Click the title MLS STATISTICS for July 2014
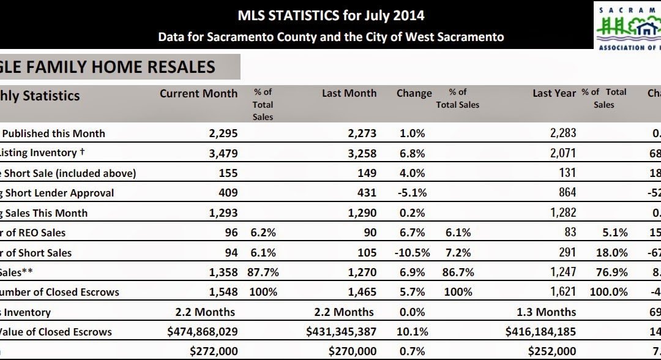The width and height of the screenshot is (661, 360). (x=330, y=15)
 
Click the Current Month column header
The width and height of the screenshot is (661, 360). (x=198, y=94)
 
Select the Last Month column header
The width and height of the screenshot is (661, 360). (x=349, y=94)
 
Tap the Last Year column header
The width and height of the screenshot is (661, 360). (x=554, y=94)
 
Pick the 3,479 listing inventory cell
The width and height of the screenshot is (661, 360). (x=223, y=153)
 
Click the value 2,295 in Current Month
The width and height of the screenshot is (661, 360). (x=223, y=133)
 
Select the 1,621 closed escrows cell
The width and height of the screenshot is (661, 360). (x=561, y=292)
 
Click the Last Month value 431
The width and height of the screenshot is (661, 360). (x=366, y=193)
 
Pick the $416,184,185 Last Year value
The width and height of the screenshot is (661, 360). (x=541, y=332)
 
